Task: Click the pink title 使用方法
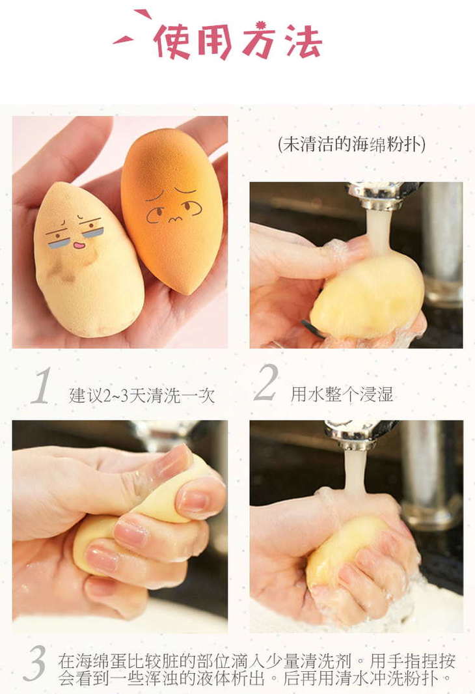[x=238, y=41]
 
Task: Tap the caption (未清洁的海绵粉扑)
[x=351, y=144]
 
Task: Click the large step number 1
[x=43, y=387]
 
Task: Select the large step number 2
[x=266, y=383]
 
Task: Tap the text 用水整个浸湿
[x=342, y=394]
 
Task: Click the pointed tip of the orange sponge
[x=189, y=292]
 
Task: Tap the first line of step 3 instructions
[x=256, y=661]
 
